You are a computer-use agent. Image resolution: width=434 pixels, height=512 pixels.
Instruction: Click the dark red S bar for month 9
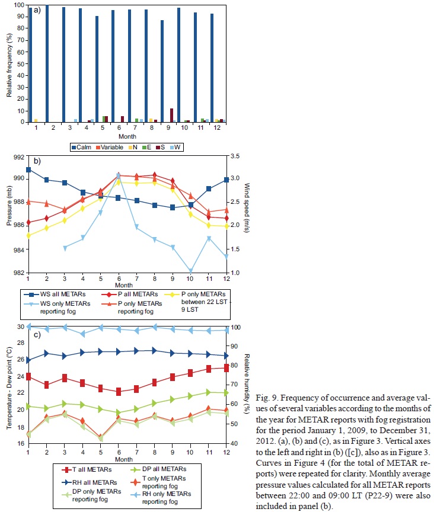pyautogui.click(x=171, y=115)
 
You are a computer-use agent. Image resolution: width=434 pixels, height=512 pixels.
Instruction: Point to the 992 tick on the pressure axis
pyautogui.click(x=18, y=157)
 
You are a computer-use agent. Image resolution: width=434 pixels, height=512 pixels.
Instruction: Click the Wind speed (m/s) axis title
pyautogui.click(x=245, y=214)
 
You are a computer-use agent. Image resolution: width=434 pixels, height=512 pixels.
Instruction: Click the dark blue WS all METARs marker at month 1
pyautogui.click(x=28, y=169)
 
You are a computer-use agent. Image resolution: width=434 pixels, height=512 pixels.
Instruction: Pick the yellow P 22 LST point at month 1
pyautogui.click(x=28, y=235)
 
